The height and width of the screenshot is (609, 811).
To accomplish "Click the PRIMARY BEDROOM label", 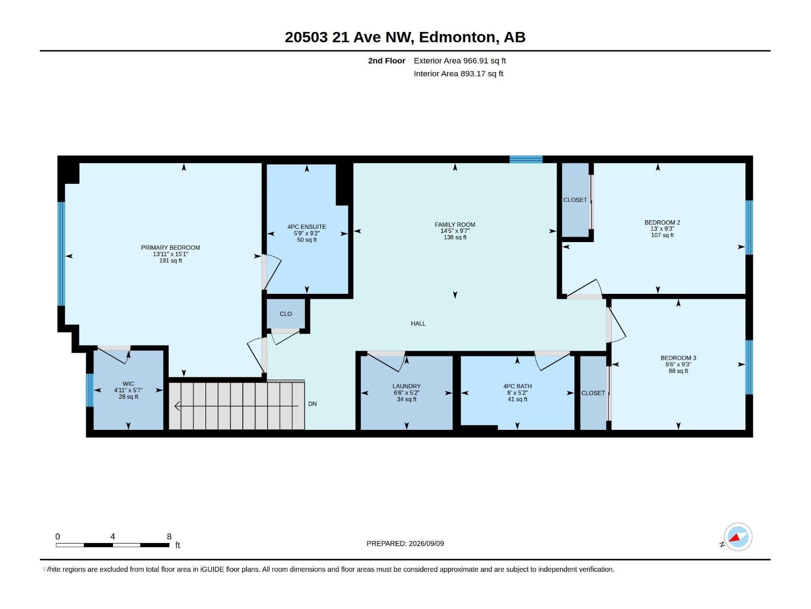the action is pyautogui.click(x=170, y=248).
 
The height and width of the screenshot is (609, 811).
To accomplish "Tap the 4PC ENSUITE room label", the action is pyautogui.click(x=307, y=227).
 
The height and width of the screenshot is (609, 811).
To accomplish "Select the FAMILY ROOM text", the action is pyautogui.click(x=455, y=225).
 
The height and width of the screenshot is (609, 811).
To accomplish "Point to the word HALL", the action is pyautogui.click(x=418, y=324).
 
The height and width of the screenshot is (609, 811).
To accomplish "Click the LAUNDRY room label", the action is pyautogui.click(x=407, y=386).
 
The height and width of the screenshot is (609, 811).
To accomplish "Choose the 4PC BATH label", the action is pyautogui.click(x=518, y=386).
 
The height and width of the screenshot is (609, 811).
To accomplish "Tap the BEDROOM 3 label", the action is pyautogui.click(x=678, y=358).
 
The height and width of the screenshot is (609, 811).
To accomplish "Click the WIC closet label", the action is pyautogui.click(x=128, y=384).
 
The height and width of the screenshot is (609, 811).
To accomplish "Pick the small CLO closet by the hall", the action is pyautogui.click(x=285, y=314).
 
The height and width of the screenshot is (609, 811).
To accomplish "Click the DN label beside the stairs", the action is pyautogui.click(x=312, y=404).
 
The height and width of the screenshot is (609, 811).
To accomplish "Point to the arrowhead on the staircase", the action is pyautogui.click(x=177, y=407).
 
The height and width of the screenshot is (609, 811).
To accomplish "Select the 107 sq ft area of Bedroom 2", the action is pyautogui.click(x=662, y=235).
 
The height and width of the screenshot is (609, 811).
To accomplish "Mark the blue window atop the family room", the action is pyautogui.click(x=526, y=159).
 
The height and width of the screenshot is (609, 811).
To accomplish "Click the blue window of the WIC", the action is pyautogui.click(x=90, y=390).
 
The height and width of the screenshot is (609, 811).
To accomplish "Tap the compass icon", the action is pyautogui.click(x=738, y=537).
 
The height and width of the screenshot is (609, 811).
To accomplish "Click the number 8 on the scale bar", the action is pyautogui.click(x=169, y=536).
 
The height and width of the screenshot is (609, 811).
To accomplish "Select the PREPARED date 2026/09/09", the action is pyautogui.click(x=426, y=544).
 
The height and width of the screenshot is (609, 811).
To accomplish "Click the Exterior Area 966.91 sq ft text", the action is pyautogui.click(x=460, y=60).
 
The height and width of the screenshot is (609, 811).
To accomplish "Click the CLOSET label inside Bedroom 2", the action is pyautogui.click(x=575, y=200).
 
